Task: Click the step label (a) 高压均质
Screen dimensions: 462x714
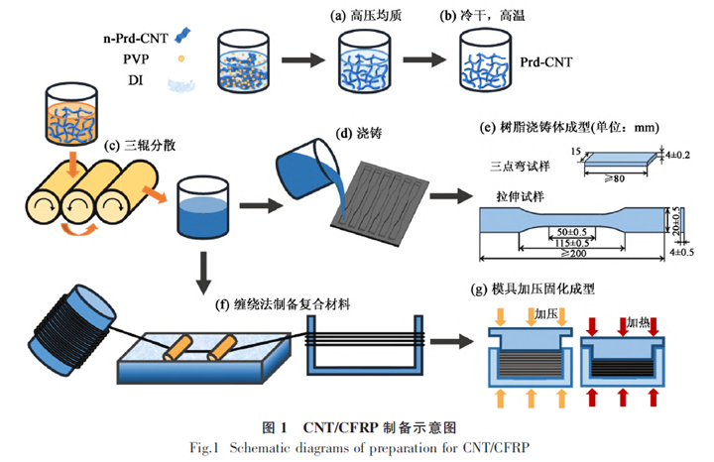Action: [366, 16]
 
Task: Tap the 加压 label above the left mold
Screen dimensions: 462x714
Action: [547, 314]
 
